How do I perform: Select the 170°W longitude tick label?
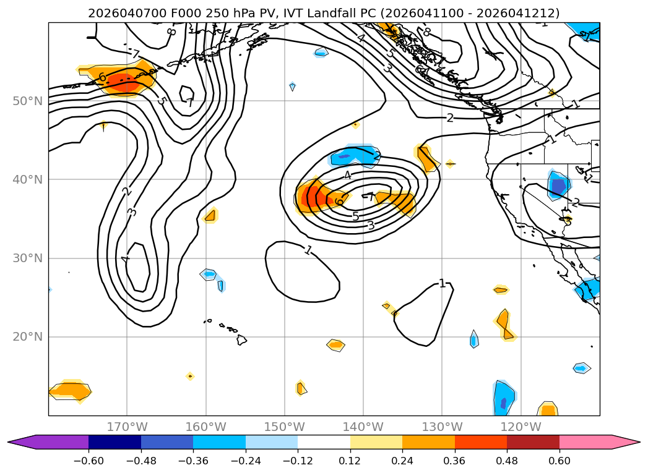tap(127, 427)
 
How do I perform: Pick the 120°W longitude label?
tap(521, 427)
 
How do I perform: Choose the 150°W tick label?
tap(285, 427)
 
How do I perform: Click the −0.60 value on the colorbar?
tap(89, 461)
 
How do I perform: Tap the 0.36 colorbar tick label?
tap(455, 461)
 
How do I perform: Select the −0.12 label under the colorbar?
tap(298, 461)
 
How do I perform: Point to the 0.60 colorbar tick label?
tap(559, 461)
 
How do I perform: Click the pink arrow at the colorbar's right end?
tap(625, 441)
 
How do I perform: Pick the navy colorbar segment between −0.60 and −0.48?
tap(114, 441)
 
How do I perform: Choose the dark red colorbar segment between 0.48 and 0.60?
tap(533, 441)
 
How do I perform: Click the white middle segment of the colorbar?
tap(324, 441)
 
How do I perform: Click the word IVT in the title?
tap(290, 13)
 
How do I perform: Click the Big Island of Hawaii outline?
tap(241, 339)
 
